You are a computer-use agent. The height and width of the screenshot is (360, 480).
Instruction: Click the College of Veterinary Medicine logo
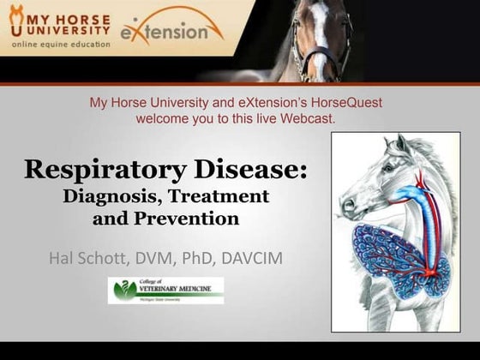165,291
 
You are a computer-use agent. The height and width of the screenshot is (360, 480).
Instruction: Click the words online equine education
60,45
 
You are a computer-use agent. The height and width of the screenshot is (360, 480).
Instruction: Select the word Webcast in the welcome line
309,118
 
